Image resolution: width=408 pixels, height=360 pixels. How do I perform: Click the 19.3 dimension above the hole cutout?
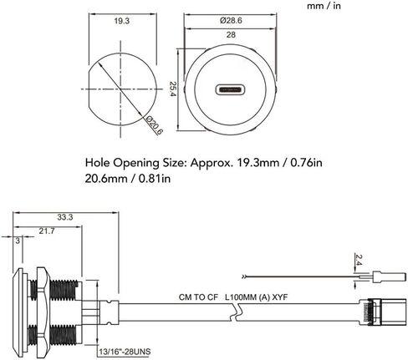click(122, 21)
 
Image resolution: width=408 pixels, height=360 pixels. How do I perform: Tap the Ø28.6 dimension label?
click(231, 20)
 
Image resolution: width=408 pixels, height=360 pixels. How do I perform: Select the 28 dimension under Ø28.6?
click(231, 35)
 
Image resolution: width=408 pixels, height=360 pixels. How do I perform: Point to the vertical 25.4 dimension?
click(173, 89)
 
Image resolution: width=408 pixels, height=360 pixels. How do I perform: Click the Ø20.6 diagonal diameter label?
click(155, 125)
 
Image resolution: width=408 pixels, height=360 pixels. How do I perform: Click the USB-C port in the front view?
click(230, 89)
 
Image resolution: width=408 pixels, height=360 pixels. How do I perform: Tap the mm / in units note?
click(324, 6)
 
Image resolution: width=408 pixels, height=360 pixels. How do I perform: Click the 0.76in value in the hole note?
click(306, 163)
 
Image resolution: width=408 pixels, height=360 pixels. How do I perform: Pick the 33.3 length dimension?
click(65, 217)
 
